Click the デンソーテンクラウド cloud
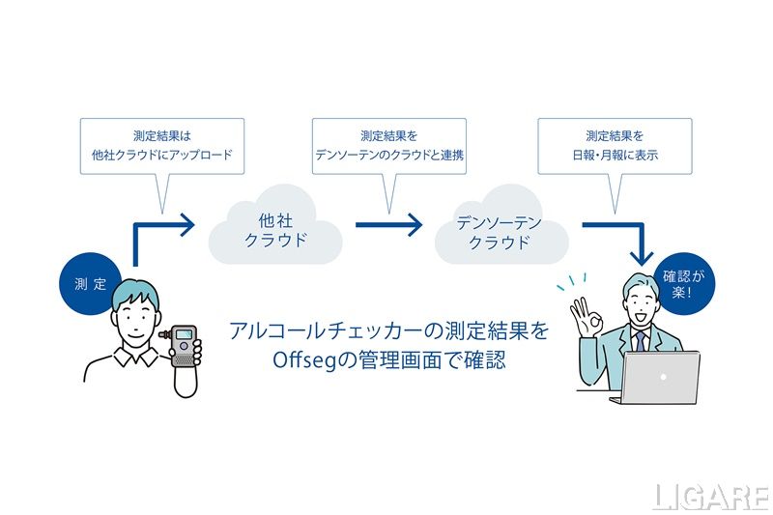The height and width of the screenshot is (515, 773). coord(500,233)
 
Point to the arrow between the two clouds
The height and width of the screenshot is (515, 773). coord(388,225)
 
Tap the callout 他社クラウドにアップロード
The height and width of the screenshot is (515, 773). coord(162,145)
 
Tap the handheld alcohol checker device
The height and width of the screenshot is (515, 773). coord(184,342)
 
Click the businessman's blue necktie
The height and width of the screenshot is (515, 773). coord(639,340)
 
